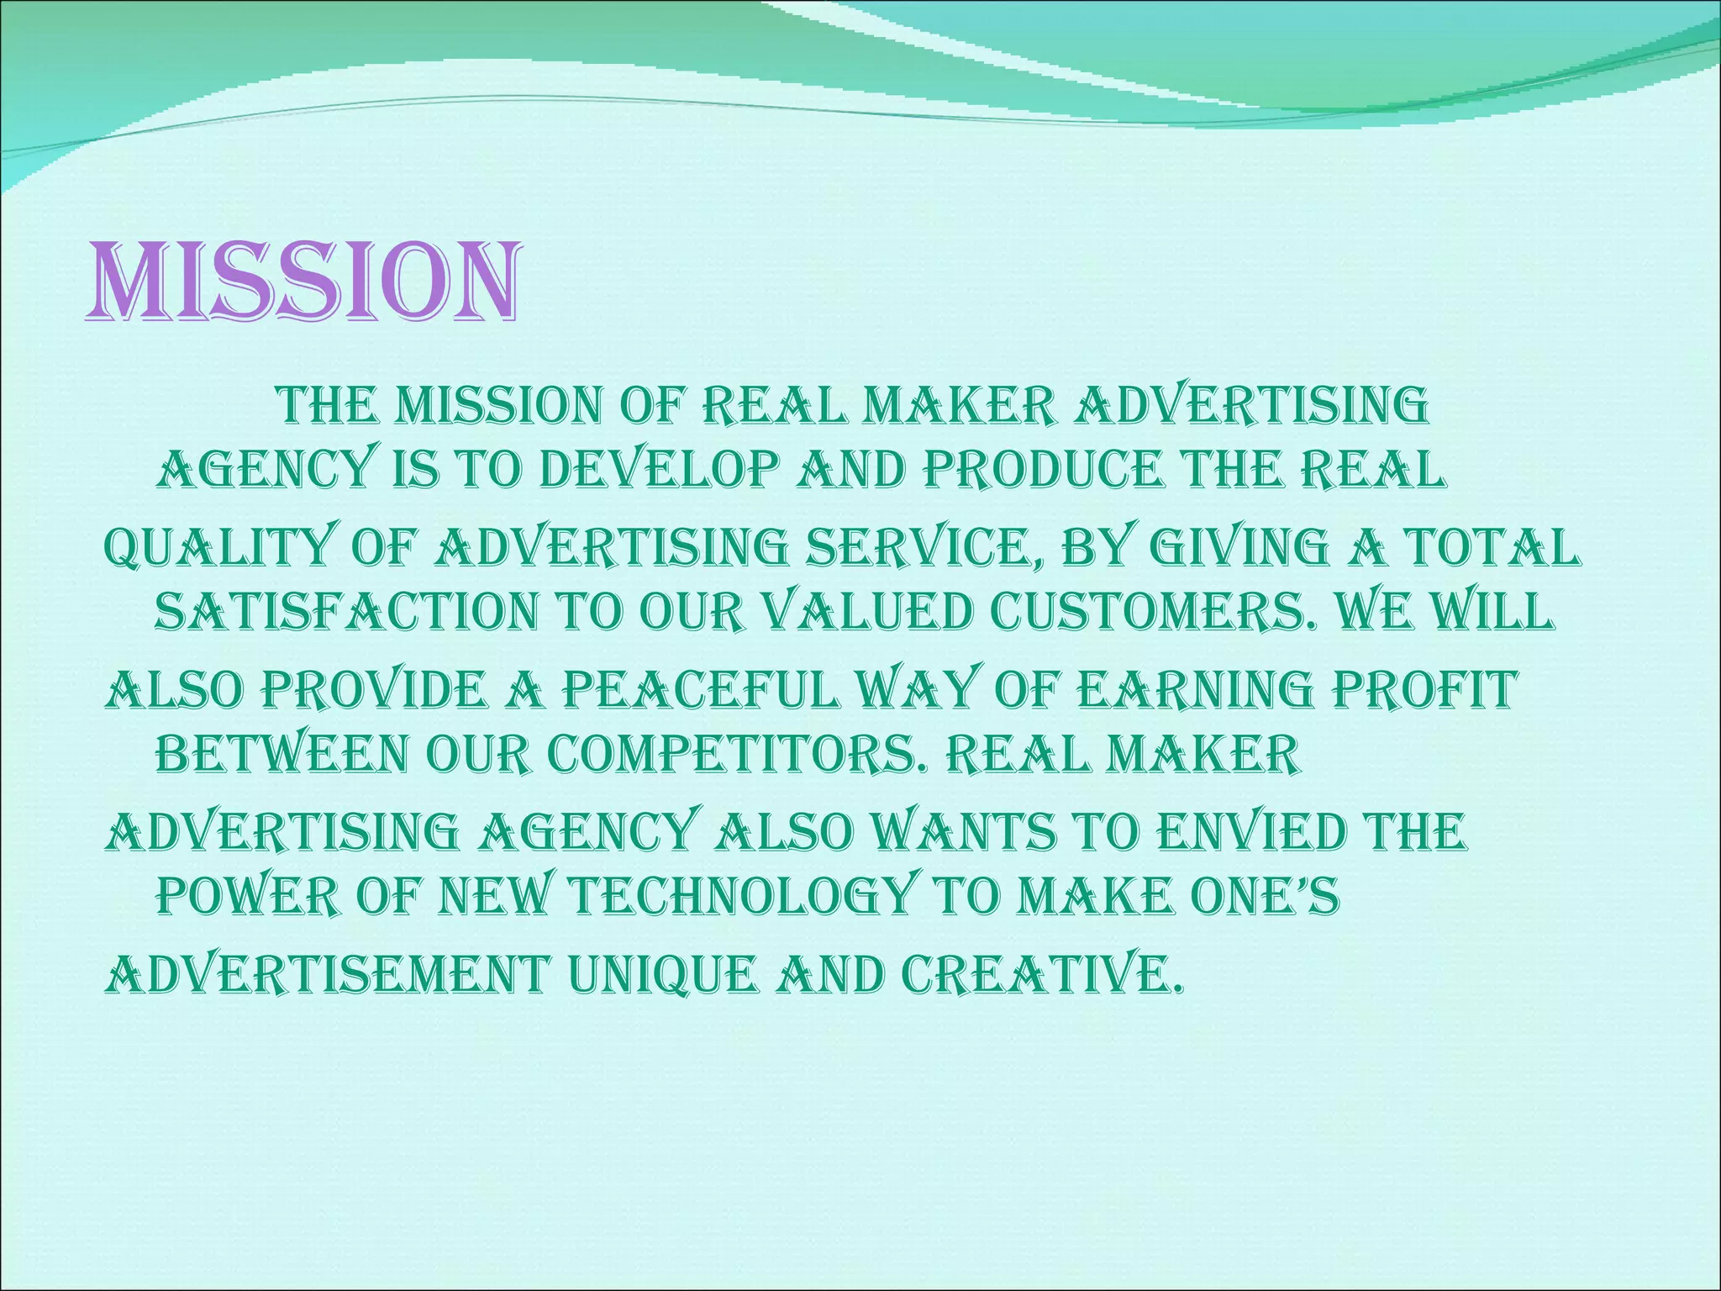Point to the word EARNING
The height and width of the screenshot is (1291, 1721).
pos(1193,691)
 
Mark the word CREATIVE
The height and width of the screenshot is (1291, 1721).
pos(1042,975)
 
